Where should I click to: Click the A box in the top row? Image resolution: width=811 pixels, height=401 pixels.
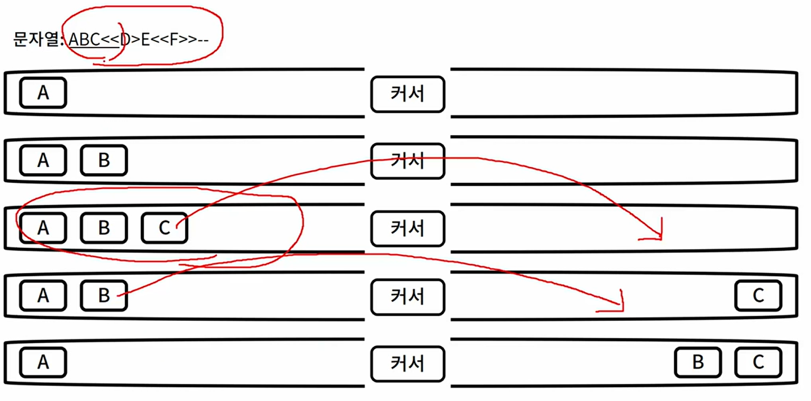[43, 92]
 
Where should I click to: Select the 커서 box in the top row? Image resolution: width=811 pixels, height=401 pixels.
[407, 94]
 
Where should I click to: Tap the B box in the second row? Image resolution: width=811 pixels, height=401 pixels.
[104, 160]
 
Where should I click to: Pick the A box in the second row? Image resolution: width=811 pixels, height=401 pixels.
[43, 160]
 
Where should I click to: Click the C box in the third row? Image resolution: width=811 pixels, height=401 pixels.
[165, 228]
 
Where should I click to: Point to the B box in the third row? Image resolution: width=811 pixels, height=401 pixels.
[104, 228]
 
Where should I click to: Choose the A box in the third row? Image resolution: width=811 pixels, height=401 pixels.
[43, 228]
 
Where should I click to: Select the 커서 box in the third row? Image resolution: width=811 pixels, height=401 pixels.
[407, 228]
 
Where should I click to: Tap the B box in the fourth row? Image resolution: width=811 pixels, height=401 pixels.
[104, 295]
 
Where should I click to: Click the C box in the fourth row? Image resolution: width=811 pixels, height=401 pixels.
[758, 295]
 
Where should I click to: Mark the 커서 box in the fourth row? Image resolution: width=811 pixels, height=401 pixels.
[407, 296]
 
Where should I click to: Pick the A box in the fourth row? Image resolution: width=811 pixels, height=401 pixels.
[43, 295]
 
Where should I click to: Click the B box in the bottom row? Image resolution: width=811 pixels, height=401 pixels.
[697, 362]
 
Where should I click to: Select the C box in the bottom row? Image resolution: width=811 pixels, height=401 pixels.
[758, 362]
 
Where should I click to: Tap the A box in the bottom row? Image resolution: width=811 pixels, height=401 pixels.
[43, 362]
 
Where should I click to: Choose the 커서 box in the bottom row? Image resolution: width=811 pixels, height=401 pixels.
[407, 363]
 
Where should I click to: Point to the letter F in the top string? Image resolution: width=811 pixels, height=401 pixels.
[172, 39]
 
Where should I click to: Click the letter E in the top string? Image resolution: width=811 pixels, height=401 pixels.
[145, 39]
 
